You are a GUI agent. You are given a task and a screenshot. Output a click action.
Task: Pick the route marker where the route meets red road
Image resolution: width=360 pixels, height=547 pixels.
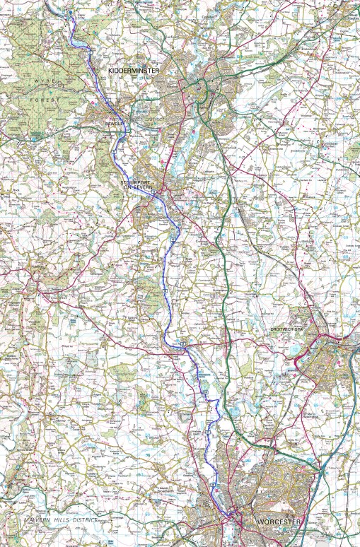[182, 344]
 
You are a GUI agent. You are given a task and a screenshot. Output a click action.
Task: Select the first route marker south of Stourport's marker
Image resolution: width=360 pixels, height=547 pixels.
[171, 241]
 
